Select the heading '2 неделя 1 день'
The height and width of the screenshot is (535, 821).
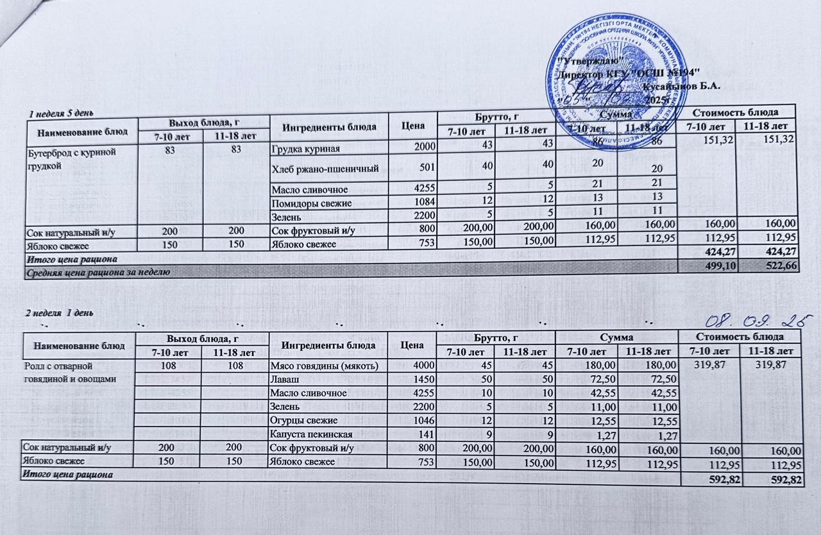point(60,312)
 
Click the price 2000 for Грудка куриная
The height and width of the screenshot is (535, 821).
point(423,149)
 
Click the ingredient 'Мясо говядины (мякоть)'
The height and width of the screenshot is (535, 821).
point(319,366)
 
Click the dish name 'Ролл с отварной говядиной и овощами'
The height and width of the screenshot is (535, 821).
point(69,372)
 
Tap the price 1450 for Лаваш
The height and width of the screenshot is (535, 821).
point(423,379)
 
